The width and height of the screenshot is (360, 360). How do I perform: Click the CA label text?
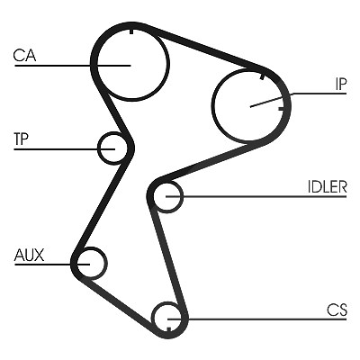pos(24,56)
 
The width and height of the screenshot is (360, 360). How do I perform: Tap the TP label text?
pos(21,139)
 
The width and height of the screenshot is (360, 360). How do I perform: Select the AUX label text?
pos(29,255)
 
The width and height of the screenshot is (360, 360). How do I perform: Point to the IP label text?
pos(341,85)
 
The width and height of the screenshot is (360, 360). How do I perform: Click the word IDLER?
pos(328,187)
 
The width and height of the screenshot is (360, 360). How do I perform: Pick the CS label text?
pos(337,310)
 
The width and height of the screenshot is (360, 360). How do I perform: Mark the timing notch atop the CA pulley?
pos(131,31)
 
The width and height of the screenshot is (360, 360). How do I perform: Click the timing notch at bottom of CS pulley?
pos(168,329)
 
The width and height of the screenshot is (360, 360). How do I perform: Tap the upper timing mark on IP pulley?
pos(262,76)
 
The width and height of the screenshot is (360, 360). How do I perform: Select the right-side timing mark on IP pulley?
pos(281,108)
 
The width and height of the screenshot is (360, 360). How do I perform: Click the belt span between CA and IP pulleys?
pos(204,49)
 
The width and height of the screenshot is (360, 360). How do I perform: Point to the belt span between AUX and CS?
pos(118,303)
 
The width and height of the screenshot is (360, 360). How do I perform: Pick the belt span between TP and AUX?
pos(101,205)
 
